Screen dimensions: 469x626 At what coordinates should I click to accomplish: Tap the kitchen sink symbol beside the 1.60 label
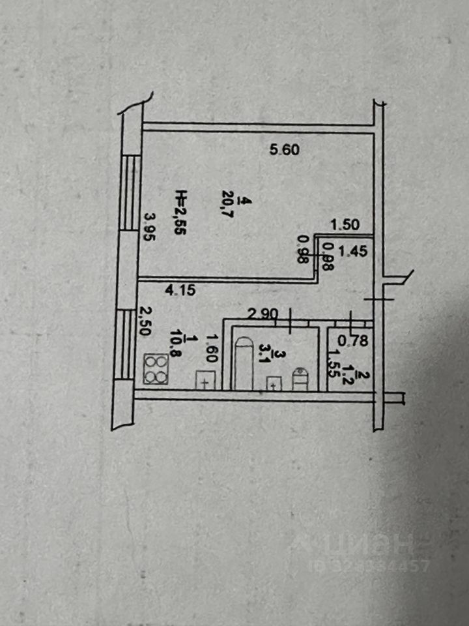pos(206,379)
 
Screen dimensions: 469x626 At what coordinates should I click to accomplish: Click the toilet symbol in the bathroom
pos(300,378)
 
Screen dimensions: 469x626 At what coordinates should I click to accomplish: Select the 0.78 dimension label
pos(355,339)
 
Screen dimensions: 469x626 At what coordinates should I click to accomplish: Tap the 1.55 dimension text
pos(333,363)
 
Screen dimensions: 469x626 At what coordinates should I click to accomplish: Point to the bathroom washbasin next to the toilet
pos(274,383)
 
